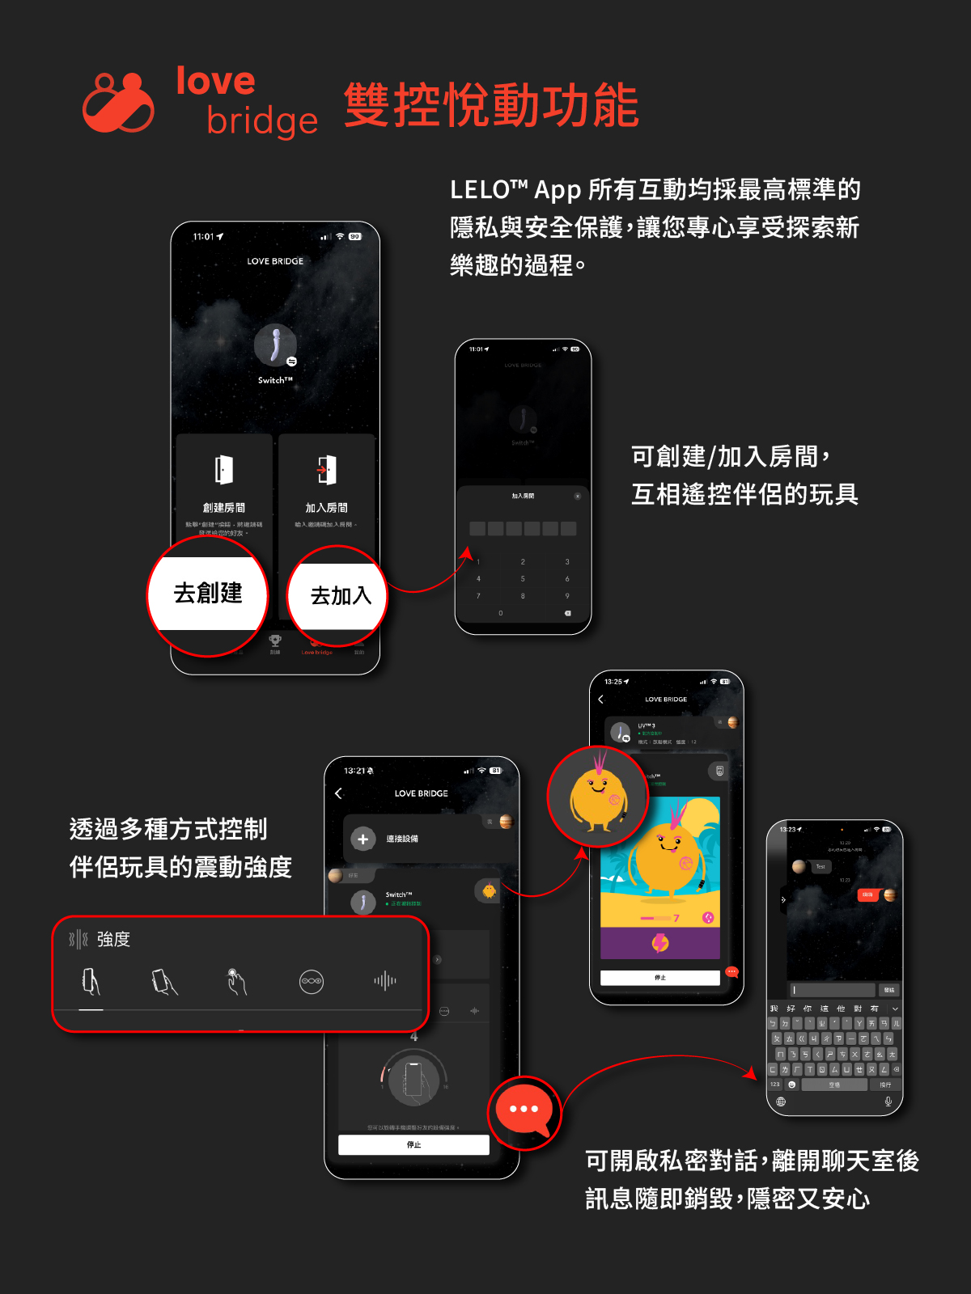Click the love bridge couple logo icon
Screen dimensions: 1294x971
(118, 103)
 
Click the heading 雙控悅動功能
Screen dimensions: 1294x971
(491, 105)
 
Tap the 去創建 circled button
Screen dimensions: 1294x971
(207, 594)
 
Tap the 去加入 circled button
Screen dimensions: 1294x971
(338, 597)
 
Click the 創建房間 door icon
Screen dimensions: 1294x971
(224, 470)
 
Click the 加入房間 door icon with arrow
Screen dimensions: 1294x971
(326, 470)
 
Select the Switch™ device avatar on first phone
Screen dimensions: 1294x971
(275, 346)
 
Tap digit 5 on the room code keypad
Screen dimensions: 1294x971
(523, 579)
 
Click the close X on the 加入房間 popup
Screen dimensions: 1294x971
(577, 496)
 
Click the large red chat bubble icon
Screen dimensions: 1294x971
(524, 1111)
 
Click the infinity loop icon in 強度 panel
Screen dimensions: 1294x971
(312, 981)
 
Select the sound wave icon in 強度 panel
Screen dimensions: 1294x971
(385, 981)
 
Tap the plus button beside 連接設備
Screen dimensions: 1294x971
(363, 839)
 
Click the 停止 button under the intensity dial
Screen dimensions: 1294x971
(413, 1144)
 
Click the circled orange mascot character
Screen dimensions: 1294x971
(598, 797)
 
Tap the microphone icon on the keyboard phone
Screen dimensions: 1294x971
(888, 1102)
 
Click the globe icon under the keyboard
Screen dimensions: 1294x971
(781, 1102)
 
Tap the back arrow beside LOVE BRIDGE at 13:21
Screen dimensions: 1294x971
(339, 793)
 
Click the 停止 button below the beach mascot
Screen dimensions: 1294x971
(659, 978)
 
